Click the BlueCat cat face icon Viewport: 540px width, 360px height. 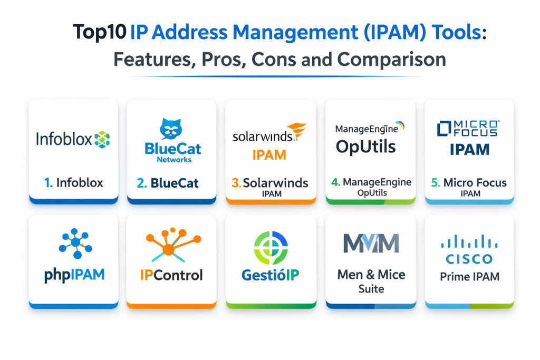[171, 129]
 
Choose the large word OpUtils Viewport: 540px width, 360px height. [365, 146]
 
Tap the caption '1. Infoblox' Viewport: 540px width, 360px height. [74, 183]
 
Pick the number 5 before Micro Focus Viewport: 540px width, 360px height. [435, 183]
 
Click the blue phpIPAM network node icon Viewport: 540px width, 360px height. [74, 243]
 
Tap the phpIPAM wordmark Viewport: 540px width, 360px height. [74, 275]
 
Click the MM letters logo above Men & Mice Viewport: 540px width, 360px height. [371, 243]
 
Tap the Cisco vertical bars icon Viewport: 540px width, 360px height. [469, 241]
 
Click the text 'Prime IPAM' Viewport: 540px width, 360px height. [469, 277]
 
